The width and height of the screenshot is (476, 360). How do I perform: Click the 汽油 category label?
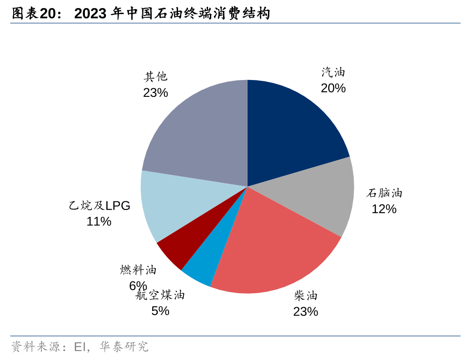[333, 72]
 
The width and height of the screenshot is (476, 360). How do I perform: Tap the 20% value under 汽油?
[333, 88]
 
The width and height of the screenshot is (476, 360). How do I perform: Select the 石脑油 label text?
[384, 193]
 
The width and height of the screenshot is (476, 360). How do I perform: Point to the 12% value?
[384, 209]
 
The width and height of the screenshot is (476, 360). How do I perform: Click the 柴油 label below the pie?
[306, 296]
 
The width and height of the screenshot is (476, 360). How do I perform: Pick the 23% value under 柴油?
[306, 312]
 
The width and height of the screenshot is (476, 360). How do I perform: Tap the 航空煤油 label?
[160, 295]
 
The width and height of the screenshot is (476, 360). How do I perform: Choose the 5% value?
[160, 311]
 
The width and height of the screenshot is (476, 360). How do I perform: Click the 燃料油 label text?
[138, 270]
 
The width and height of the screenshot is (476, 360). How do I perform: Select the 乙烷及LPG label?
[99, 206]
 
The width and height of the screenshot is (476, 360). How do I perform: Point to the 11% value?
[99, 222]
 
